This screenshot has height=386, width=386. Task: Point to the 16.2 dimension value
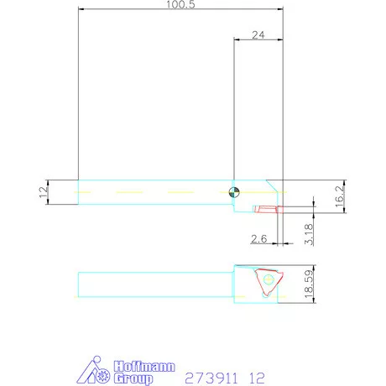click(339, 196)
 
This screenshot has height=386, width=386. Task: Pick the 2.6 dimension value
click(259, 240)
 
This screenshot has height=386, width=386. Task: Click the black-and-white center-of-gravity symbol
click(237, 192)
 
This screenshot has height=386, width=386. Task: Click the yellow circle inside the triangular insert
click(268, 279)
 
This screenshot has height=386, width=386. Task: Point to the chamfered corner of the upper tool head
click(272, 185)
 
